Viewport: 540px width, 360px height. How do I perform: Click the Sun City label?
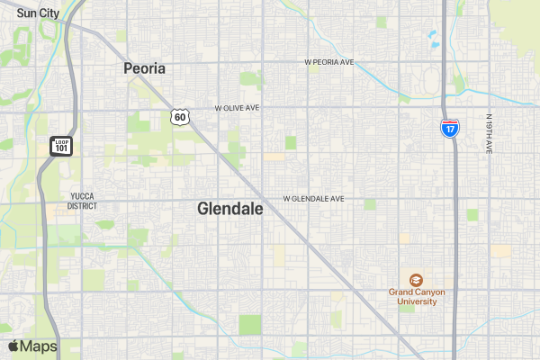coord(38,13)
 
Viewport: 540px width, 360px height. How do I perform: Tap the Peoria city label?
coord(145,67)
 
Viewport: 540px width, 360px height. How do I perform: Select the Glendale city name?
coord(229,209)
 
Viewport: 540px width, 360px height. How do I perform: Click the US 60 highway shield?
coord(180,117)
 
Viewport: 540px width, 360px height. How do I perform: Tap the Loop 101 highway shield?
coord(61,145)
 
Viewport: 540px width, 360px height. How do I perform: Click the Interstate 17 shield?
coord(449,128)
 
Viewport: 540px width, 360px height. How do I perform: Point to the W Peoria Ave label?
coord(329,63)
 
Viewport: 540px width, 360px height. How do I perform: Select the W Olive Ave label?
coord(237,107)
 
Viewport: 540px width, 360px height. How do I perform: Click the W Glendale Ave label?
coord(313,198)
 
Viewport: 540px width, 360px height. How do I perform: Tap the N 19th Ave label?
coord(489,134)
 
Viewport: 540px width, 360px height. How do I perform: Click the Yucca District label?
coord(82,200)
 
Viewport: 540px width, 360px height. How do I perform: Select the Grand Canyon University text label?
coord(416,297)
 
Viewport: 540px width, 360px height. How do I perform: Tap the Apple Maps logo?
coord(13,346)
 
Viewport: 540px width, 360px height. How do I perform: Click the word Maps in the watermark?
coord(39,346)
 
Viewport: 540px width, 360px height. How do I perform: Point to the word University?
coord(416,301)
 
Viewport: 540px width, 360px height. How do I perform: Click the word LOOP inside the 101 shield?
coord(61,141)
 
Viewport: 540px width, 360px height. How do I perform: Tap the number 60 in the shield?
coord(180,118)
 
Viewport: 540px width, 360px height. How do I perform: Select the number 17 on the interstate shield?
coord(449,130)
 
